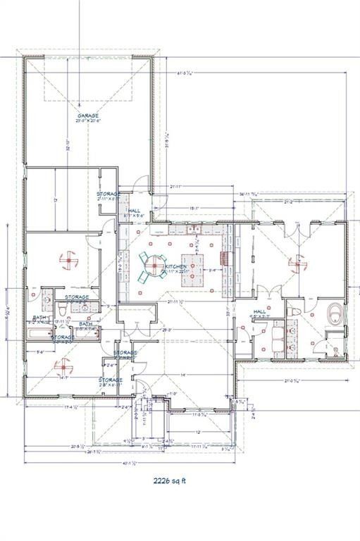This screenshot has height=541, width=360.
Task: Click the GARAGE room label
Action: tap(88, 116)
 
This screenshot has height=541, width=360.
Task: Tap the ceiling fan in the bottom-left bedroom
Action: tap(63, 366)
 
